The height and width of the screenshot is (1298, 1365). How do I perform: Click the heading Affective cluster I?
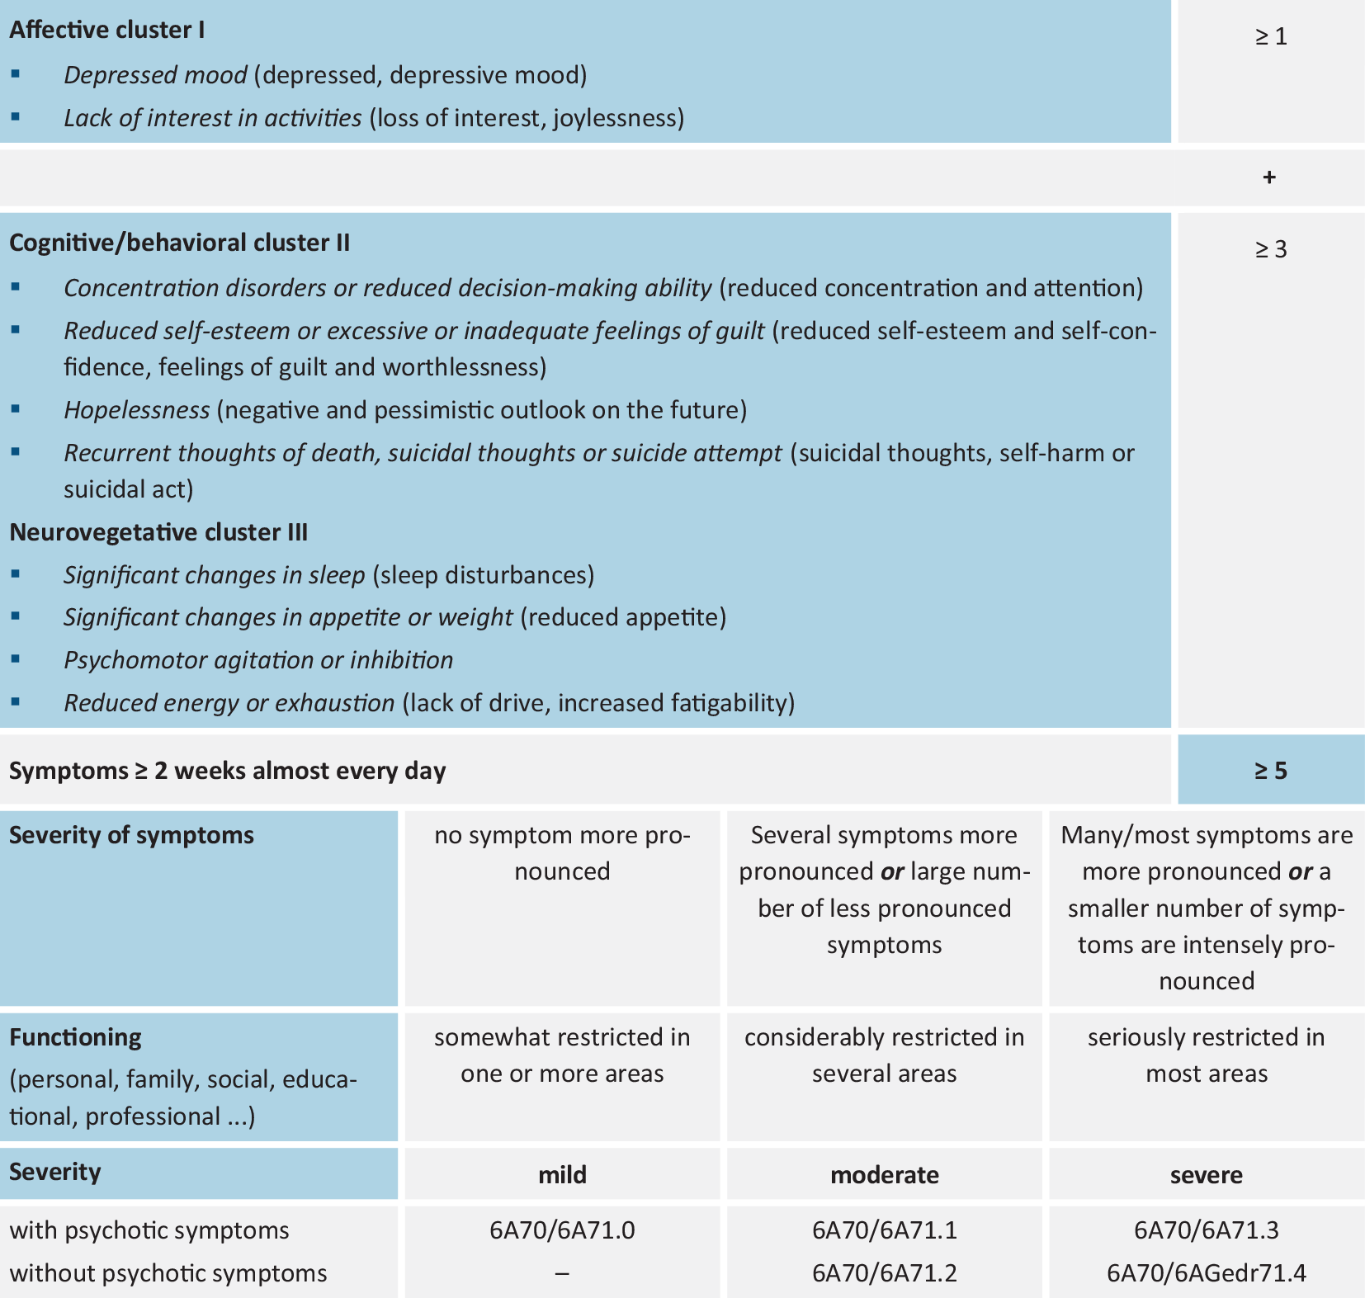pos(107,31)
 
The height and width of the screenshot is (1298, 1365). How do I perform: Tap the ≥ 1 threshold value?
pos(1271,37)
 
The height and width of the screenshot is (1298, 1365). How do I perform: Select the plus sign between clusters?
pos(1269,177)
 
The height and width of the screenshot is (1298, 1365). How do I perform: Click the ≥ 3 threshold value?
pos(1271,250)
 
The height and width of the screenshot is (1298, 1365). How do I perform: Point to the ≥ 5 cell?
pos(1271,771)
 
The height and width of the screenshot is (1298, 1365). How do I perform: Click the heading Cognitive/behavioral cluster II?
pos(180,243)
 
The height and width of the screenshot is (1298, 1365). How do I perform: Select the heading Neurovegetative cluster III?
pos(158,532)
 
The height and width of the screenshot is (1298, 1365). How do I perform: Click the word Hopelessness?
pos(137,410)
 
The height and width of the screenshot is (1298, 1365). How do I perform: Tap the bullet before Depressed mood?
pos(16,75)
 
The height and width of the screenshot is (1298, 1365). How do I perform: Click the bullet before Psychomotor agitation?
pos(16,660)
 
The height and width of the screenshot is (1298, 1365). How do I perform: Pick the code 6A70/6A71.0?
pos(562,1230)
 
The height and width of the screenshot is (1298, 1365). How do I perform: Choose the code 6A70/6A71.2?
pos(885,1273)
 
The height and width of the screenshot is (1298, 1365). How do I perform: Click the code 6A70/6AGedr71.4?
pos(1207,1273)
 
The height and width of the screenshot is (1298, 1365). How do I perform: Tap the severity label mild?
pos(562,1175)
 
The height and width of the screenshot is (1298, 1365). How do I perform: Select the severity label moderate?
pos(885,1175)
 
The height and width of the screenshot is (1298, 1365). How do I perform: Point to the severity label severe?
pos(1207,1175)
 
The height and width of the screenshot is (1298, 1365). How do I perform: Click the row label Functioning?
pos(76,1037)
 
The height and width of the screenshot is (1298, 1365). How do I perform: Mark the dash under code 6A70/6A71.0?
pos(562,1273)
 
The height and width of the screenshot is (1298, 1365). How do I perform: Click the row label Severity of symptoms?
pos(132,835)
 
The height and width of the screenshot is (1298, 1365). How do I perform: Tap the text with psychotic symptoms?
pos(149,1230)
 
